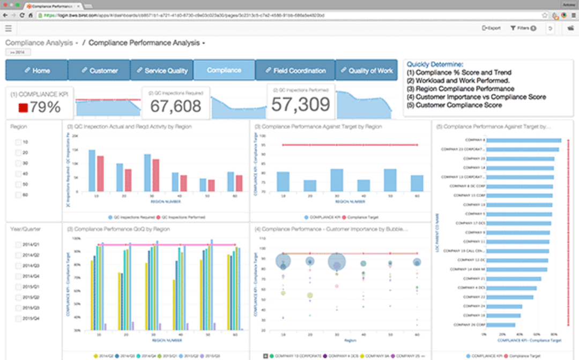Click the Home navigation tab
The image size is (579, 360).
[36, 70]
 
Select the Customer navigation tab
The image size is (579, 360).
[100, 70]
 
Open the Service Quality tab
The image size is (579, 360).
[162, 70]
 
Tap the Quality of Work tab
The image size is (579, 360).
[366, 70]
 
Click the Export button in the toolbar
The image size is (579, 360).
[491, 28]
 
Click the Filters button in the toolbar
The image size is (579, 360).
[523, 28]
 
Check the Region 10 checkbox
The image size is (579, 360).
[19, 142]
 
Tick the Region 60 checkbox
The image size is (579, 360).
[19, 195]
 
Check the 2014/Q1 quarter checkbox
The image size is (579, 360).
[19, 245]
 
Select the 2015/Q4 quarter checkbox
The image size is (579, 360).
[19, 319]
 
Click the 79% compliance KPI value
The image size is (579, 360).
[45, 107]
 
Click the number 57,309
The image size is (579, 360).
[300, 104]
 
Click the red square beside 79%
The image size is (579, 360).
[23, 108]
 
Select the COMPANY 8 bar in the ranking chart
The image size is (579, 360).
[524, 140]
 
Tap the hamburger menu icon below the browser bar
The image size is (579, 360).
[9, 28]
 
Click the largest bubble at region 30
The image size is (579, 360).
[337, 262]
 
